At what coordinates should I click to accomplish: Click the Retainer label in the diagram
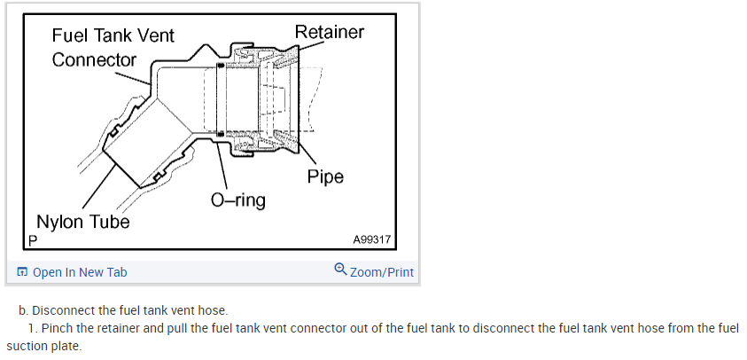[x=330, y=33]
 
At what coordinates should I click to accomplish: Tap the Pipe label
[x=325, y=176]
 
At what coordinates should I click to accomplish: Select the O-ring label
[x=237, y=200]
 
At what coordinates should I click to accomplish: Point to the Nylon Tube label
[x=82, y=222]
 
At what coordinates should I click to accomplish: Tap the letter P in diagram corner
[x=33, y=240]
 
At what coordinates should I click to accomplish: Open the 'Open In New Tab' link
[x=80, y=272]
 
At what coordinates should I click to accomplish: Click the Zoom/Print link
[x=381, y=272]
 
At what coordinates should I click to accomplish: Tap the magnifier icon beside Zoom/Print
[x=340, y=270]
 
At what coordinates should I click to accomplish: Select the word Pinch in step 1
[x=58, y=328]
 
